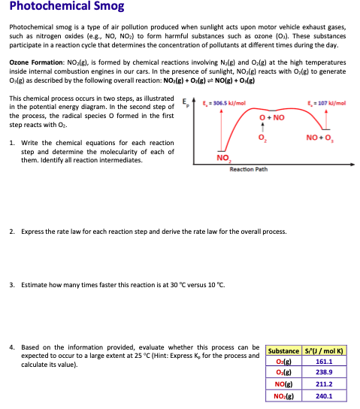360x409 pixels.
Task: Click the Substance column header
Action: tap(283, 350)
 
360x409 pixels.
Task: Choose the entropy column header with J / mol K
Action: tap(324, 350)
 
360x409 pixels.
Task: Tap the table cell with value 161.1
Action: tap(324, 362)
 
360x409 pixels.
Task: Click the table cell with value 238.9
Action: tap(324, 372)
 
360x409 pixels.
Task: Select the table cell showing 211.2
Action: tap(324, 383)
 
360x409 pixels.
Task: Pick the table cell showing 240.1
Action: tap(324, 394)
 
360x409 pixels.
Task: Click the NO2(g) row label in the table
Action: tap(283, 394)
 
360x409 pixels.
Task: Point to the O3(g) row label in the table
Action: tap(283, 372)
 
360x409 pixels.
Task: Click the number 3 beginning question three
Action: tap(12, 284)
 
